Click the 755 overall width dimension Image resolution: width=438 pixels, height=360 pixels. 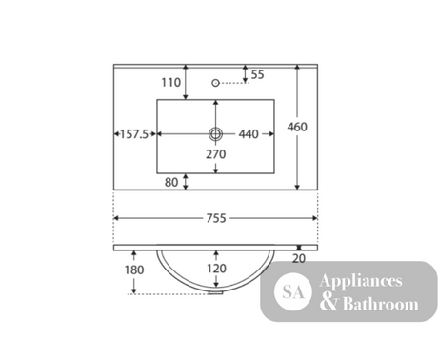pos(216,218)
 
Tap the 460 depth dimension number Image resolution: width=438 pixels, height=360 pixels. pos(297,127)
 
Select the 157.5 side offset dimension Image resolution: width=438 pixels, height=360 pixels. pos(134,134)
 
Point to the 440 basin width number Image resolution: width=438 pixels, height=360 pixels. pos(249,134)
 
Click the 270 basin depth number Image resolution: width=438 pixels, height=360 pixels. pos(216,154)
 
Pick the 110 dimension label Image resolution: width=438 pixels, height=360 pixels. pos(171,83)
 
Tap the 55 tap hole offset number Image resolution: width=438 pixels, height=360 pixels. pos(257,74)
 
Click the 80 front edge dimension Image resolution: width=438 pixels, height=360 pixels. pos(171,182)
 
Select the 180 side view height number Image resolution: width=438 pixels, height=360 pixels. pos(134,270)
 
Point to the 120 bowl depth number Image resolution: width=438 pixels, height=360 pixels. pos(216,269)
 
